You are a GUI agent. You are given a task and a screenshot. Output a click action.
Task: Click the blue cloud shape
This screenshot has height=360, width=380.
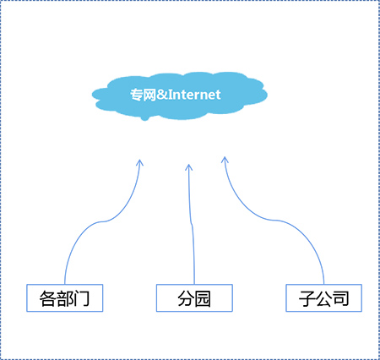point(180,95)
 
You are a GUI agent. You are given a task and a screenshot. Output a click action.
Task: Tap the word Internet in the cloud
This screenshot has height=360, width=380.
point(194,95)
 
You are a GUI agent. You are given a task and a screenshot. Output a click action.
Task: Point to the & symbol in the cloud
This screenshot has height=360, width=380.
point(162,95)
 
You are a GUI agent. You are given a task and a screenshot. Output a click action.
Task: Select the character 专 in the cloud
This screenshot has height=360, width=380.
point(136,95)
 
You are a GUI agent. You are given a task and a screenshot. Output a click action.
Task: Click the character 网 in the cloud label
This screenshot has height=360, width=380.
point(149,95)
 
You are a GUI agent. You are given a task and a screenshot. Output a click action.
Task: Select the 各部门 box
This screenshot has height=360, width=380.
point(65,298)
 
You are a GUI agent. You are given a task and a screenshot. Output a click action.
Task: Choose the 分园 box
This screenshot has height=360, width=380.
point(194,298)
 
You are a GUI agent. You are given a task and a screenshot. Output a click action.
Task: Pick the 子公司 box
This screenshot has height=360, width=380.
point(323,298)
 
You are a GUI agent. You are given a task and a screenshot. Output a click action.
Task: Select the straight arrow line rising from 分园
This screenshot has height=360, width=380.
point(193,224)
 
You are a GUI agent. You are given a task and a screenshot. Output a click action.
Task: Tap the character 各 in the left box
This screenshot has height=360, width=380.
point(48,298)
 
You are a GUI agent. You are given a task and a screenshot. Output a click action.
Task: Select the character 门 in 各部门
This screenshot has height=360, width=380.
point(81,298)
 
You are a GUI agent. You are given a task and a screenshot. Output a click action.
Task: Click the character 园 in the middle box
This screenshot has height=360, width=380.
point(203,298)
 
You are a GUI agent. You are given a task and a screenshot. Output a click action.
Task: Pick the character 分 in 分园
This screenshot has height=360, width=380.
point(186,298)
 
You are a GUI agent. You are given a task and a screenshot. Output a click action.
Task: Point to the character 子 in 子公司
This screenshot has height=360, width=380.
point(307,298)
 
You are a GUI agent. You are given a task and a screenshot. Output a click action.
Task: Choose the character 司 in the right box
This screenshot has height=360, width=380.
point(341,298)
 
